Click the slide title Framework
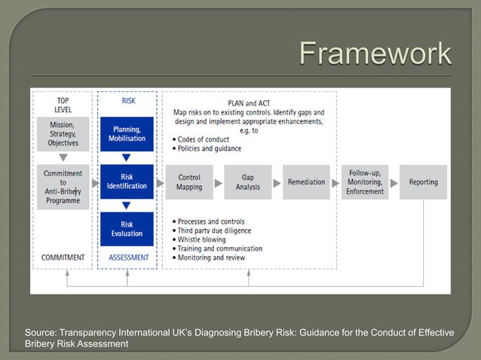tap(375, 54)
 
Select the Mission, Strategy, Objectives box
tap(63, 133)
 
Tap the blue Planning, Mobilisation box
tap(127, 133)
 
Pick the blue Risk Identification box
tap(127, 182)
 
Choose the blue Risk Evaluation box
tap(127, 228)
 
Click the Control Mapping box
tap(188, 182)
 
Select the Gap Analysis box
tap(247, 182)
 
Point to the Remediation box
tap(306, 182)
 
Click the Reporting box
tap(423, 182)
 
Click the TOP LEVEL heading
tap(63, 105)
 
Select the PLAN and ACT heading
tap(248, 102)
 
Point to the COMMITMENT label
tap(63, 258)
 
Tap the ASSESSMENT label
tap(127, 258)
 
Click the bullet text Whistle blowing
tap(204, 239)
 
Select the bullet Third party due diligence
tap(216, 230)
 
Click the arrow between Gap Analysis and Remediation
tap(277, 182)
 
